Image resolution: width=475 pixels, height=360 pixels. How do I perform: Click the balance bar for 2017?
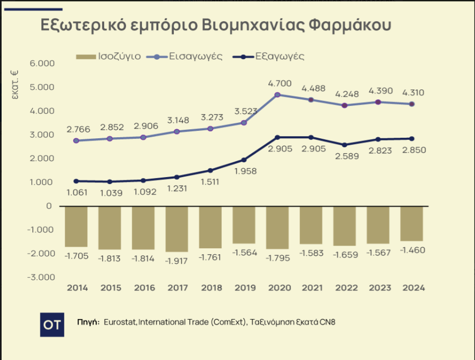coord(176,229)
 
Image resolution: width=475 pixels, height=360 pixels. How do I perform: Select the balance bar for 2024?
coord(412,223)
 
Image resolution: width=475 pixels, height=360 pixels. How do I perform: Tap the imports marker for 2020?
coord(277,95)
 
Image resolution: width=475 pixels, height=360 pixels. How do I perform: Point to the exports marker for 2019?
coord(244,160)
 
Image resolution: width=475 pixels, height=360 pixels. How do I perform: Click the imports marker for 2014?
coord(76,140)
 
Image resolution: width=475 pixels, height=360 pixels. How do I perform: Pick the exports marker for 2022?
coord(344,145)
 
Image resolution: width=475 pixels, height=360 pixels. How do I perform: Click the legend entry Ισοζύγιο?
coord(109,56)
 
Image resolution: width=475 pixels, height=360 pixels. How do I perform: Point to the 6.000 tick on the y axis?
coord(43,63)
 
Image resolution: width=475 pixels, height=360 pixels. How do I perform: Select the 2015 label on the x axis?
coord(111,288)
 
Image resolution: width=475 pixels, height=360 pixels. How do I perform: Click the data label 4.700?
coord(277,83)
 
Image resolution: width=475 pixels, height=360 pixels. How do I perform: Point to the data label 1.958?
coord(244,171)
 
